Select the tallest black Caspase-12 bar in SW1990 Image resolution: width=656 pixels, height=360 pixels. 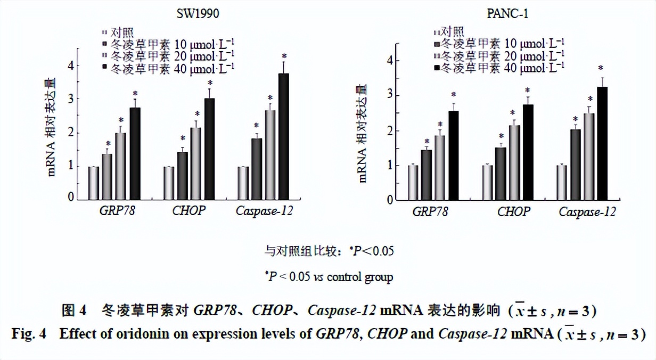click(284, 135)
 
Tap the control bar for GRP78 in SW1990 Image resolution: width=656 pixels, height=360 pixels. click(94, 182)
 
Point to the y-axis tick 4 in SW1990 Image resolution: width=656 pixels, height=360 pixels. click(70, 65)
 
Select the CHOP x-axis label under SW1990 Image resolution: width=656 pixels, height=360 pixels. click(188, 211)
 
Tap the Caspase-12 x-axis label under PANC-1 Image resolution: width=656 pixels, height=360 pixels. click(587, 212)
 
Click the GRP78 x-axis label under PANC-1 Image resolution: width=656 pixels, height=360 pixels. click(430, 212)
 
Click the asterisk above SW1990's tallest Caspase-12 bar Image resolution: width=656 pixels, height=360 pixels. click(284, 56)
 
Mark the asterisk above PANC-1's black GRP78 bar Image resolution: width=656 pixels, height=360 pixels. click(454, 94)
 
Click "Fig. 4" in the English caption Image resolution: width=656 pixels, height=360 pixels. click(29, 334)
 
